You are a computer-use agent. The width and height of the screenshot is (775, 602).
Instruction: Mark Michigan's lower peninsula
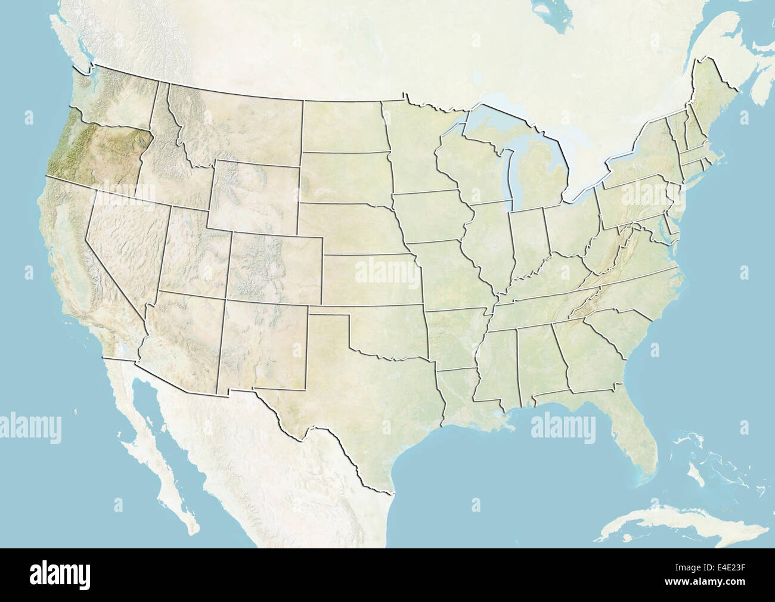click(x=540, y=179)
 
